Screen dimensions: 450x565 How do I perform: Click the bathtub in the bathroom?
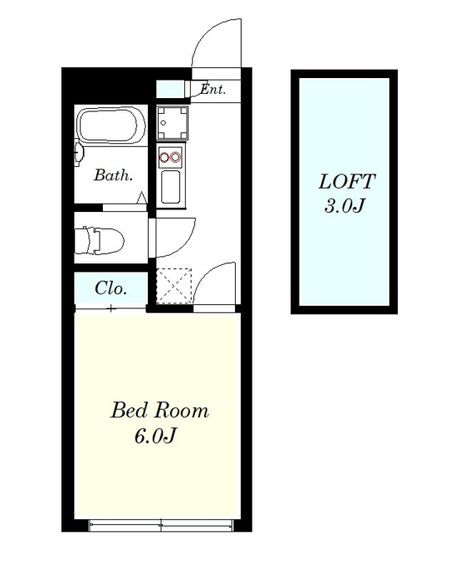[112, 125]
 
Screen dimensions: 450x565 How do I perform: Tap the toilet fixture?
[99, 240]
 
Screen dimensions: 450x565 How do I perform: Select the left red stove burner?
[164, 157]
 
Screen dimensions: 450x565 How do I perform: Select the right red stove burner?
[175, 157]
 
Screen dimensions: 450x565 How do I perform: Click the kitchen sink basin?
[171, 187]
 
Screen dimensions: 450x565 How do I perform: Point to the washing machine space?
[173, 122]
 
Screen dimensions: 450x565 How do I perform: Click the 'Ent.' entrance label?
[213, 89]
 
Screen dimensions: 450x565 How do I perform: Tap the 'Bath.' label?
[114, 175]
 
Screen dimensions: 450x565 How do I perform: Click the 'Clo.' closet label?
[111, 288]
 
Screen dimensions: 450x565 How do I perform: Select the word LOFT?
[347, 181]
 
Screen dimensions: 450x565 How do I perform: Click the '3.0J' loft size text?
[345, 206]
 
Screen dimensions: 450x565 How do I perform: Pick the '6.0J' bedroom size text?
[155, 435]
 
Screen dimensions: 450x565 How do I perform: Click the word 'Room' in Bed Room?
[182, 410]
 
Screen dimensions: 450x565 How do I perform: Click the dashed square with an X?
[174, 286]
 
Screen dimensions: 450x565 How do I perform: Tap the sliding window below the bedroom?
[161, 525]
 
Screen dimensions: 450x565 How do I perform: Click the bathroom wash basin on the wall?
[79, 155]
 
